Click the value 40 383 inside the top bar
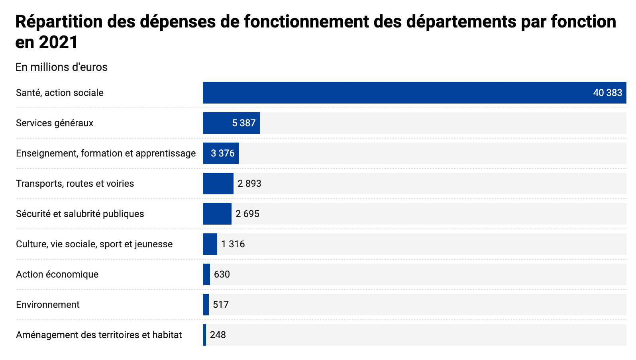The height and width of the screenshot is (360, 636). coord(607,93)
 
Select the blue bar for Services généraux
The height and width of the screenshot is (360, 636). coord(217,123)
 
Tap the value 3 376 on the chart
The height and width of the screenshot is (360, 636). coord(223,153)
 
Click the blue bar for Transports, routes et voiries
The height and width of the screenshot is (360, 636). coord(218,184)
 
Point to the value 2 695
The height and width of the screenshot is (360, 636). coord(247,214)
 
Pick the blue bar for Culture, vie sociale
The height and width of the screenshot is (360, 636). coord(210,244)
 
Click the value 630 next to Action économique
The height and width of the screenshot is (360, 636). coord(222,274)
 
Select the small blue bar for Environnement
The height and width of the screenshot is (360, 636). coord(206,305)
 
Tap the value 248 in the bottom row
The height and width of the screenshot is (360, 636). coord(218,335)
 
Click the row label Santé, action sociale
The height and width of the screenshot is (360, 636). coord(60,93)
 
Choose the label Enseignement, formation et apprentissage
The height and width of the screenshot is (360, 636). coord(106,153)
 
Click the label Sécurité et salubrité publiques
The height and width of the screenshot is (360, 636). coord(80,214)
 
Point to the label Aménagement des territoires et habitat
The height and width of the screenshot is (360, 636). coord(99,335)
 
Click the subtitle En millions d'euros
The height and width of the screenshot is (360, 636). coord(61,67)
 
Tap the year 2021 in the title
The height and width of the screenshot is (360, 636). coord(58,42)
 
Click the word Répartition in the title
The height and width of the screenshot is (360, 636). coord(59,22)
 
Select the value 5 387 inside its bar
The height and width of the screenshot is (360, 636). coord(243,123)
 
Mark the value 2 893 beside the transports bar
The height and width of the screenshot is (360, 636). coord(249,184)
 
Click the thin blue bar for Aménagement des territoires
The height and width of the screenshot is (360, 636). coord(205,335)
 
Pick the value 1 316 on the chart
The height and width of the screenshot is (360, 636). coord(233,244)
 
